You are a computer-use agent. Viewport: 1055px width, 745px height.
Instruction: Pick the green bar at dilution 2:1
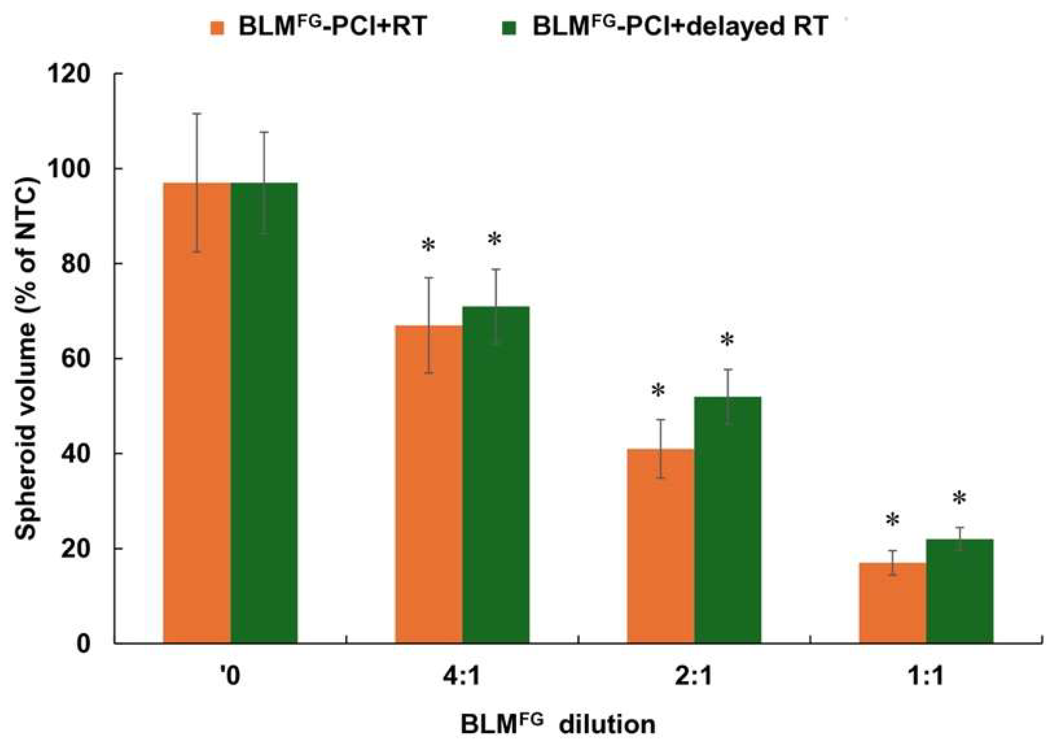point(727,520)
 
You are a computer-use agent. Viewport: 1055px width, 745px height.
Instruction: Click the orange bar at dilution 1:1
point(892,603)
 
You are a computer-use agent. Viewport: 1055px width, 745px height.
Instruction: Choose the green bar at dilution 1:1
point(959,591)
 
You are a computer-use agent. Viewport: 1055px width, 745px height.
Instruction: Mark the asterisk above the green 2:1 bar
point(727,341)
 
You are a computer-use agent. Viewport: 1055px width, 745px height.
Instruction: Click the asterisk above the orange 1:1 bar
point(892,521)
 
